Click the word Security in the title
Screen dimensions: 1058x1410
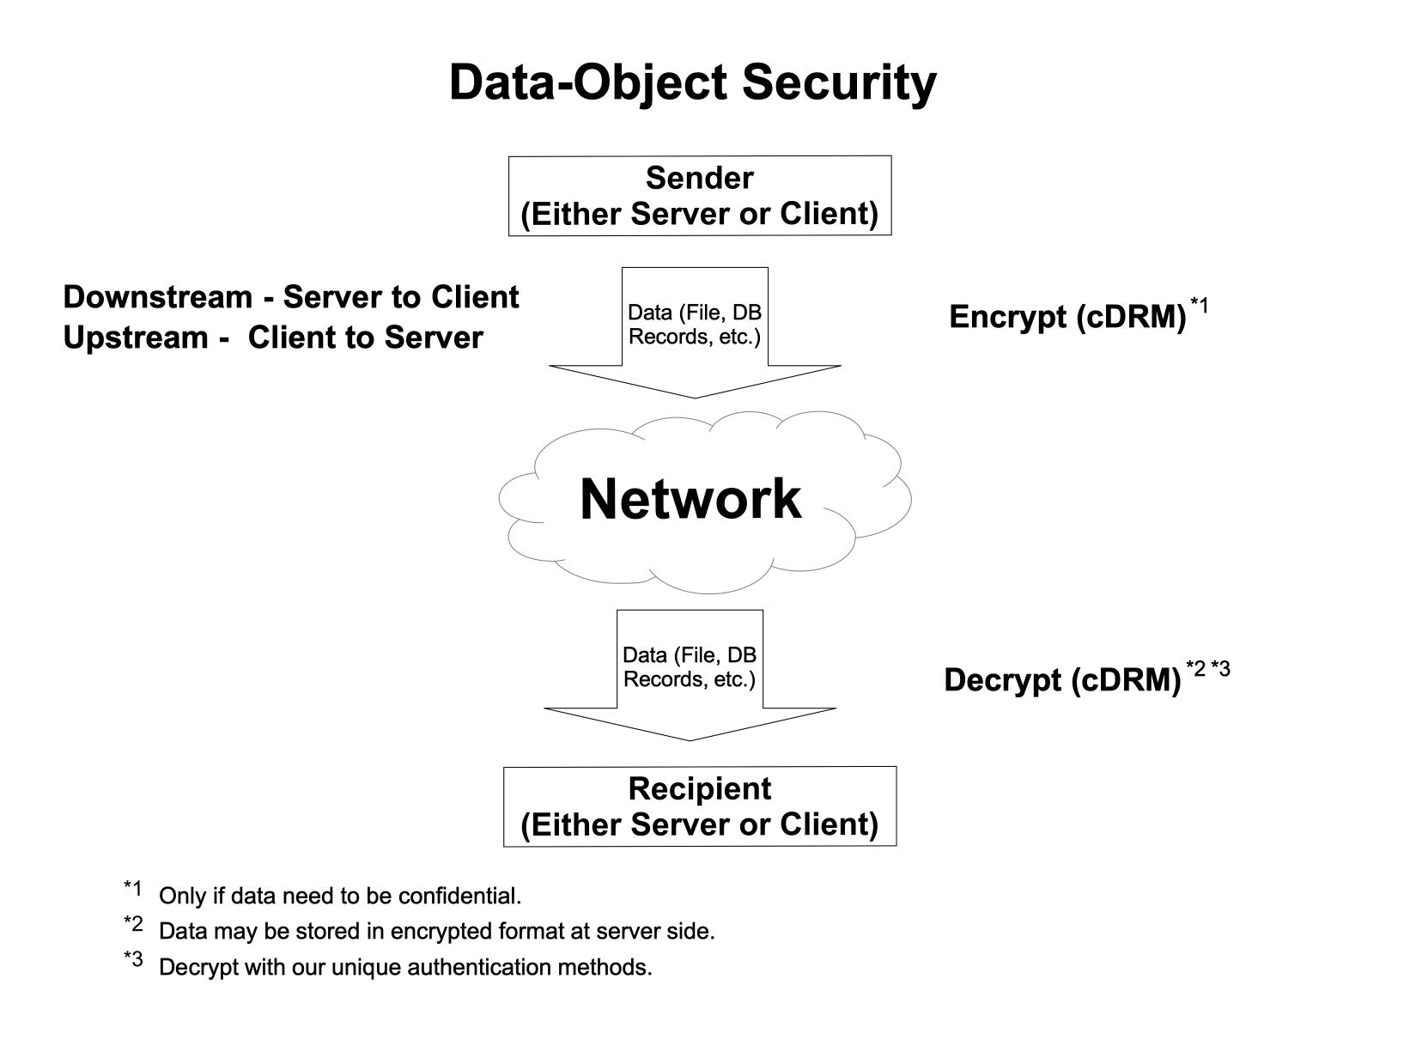(838, 83)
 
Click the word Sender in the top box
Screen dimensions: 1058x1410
(699, 178)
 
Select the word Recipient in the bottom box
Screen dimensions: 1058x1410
(699, 788)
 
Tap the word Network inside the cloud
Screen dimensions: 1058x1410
(690, 499)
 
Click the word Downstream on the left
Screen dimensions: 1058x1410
(157, 297)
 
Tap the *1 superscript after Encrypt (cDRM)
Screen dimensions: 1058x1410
(1199, 305)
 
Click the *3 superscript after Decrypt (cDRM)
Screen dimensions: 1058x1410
(1220, 668)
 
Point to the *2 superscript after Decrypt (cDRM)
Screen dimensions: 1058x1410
(1195, 668)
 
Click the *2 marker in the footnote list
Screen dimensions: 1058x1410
(133, 923)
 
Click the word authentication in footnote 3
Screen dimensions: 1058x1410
(479, 968)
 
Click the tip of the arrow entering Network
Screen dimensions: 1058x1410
(694, 397)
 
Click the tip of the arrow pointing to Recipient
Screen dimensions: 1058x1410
(690, 739)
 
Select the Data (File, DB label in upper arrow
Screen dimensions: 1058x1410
(694, 313)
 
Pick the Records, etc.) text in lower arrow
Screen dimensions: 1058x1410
(689, 679)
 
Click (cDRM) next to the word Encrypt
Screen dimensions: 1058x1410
(1130, 317)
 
